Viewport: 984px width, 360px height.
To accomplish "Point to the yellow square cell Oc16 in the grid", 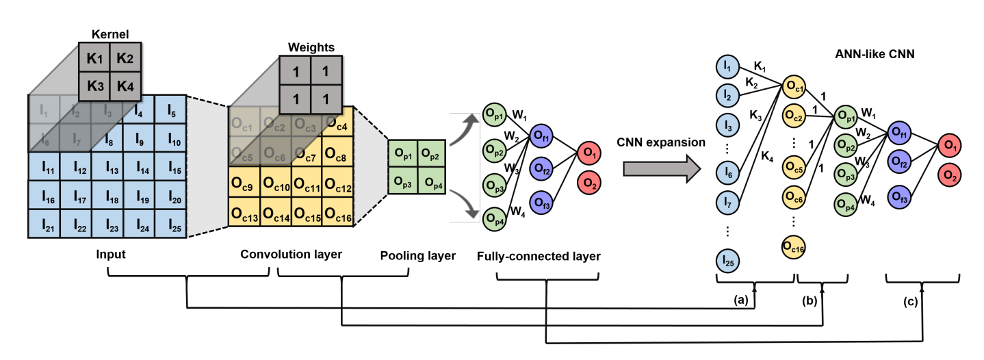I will click(x=339, y=218).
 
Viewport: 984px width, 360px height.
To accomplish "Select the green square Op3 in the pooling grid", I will click(x=402, y=183).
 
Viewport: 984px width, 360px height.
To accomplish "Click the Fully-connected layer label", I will click(x=539, y=257).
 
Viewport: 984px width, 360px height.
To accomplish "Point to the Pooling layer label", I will click(x=417, y=256).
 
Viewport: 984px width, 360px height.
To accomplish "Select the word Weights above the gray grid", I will click(x=311, y=48).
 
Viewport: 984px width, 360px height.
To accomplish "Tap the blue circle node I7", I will click(x=729, y=203).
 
